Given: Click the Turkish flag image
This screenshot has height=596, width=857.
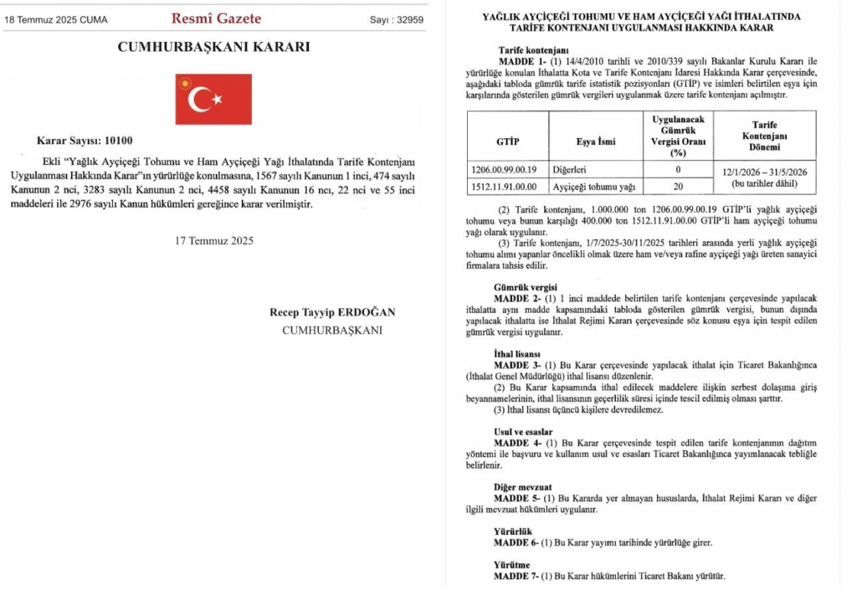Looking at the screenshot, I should click(213, 99).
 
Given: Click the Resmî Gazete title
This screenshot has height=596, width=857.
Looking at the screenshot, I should click(216, 18).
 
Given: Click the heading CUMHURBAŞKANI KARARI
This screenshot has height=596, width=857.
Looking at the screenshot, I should click(213, 47).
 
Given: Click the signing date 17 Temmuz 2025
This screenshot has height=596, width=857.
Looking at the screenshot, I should click(214, 241).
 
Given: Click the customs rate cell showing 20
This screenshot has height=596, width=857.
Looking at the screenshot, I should click(678, 187).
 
